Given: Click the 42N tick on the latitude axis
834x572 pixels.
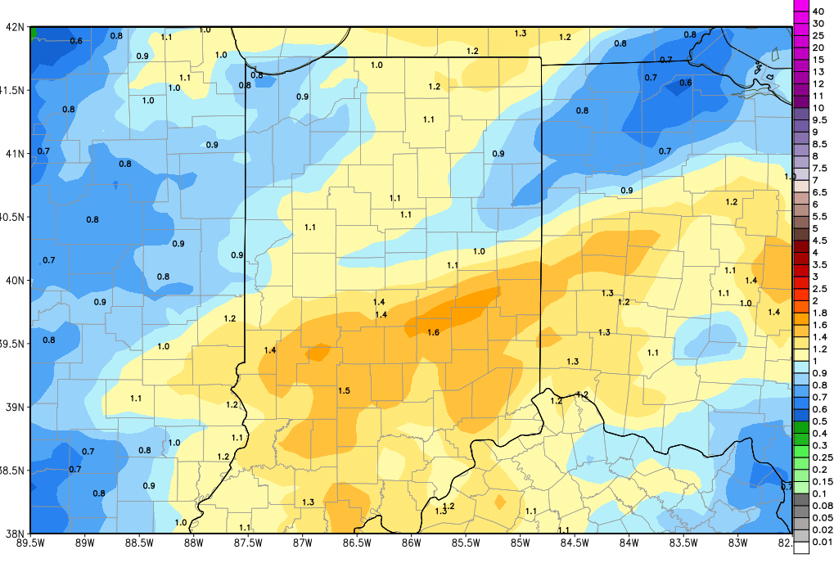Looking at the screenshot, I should tap(14, 26).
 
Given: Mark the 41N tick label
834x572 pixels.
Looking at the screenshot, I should tap(14, 153).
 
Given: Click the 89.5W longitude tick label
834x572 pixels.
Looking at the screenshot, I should tap(30, 541).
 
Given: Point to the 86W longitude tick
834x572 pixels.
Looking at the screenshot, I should tap(411, 541).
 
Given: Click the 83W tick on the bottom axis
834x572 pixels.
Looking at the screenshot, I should tap(737, 541).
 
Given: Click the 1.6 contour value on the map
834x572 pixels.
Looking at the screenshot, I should tap(434, 332).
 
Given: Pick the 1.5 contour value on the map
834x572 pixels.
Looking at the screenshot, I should tap(345, 391).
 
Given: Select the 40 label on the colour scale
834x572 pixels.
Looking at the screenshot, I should tap(818, 11).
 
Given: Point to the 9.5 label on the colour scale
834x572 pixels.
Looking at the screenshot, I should tap(819, 119).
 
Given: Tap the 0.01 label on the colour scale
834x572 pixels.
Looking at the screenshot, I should tap(821, 542).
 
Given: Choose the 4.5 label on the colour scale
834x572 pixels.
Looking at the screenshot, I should tap(819, 241).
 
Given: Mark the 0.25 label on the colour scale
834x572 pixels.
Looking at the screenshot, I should tap(821, 457).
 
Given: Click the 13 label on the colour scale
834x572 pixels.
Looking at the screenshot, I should tap(818, 71).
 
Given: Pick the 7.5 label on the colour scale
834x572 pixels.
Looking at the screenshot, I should tap(819, 168).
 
